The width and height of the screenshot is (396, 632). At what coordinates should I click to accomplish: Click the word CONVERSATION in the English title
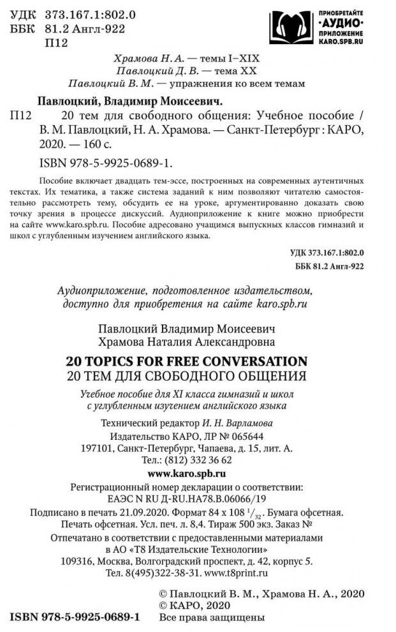click(248, 358)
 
